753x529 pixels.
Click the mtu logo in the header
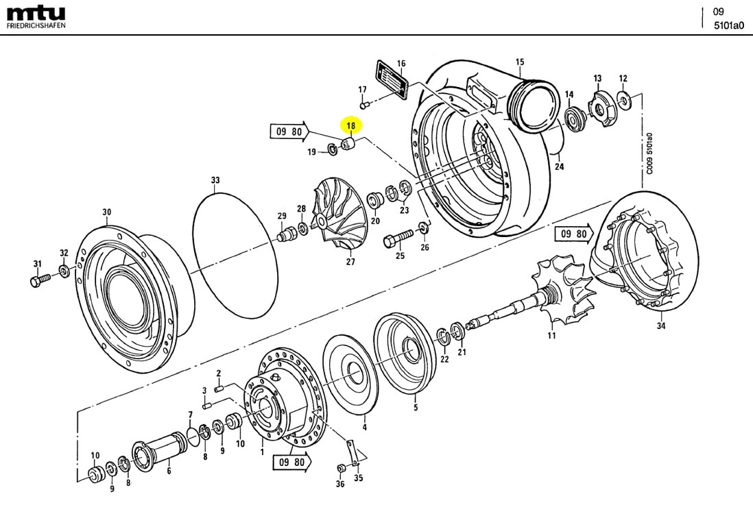[36, 13]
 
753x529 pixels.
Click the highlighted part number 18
[351, 126]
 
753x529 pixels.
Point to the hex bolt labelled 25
[398, 238]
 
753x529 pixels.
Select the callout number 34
[660, 326]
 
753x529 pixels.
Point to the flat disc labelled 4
[354, 374]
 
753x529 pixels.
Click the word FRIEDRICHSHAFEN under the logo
[36, 26]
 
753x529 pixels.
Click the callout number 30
[106, 212]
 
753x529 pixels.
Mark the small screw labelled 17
[366, 105]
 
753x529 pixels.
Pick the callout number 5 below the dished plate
[415, 408]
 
